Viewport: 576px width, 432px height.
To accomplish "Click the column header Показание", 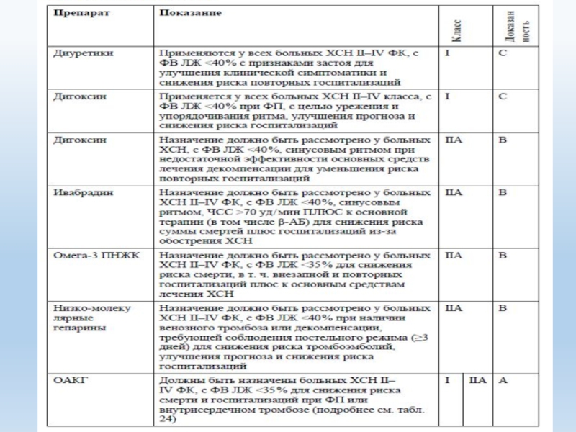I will (191, 14).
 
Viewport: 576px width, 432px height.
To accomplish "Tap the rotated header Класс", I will (457, 30).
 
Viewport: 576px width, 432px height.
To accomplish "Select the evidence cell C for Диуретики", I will (503, 53).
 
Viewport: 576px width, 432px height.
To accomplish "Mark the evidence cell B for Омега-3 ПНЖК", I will (503, 255).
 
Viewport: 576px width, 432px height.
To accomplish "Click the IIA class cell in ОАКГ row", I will (477, 379).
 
